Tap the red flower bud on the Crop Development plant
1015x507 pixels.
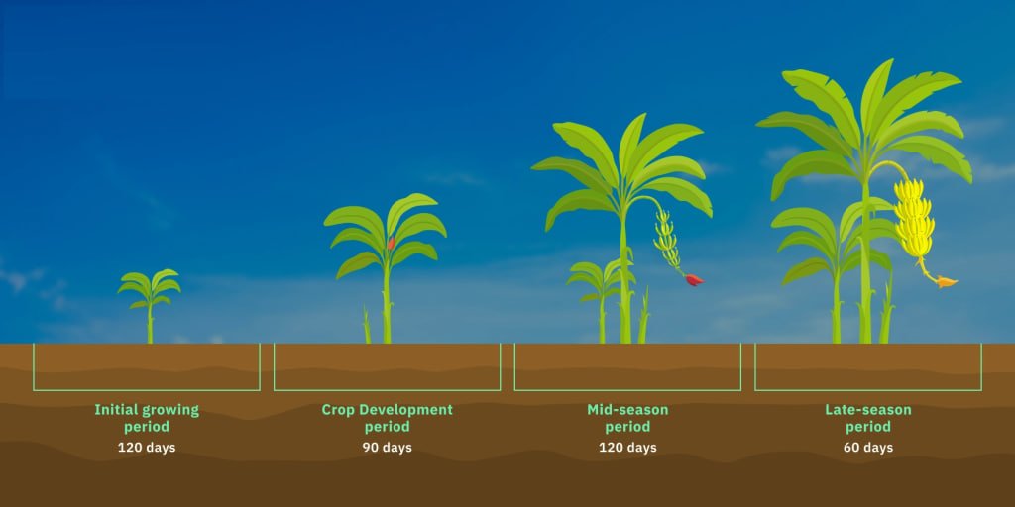tap(391, 244)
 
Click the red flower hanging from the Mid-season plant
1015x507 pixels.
tap(694, 279)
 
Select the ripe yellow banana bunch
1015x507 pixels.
tap(914, 218)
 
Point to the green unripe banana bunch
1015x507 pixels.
tap(667, 240)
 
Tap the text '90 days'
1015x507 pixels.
tap(388, 448)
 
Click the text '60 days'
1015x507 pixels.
tap(868, 448)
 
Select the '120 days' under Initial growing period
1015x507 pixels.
tap(147, 448)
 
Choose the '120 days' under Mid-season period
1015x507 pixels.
tap(627, 448)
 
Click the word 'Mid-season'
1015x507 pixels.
tap(627, 410)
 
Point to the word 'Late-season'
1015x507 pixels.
tap(868, 410)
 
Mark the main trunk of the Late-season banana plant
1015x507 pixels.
tap(865, 258)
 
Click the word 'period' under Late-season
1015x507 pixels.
tap(868, 427)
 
